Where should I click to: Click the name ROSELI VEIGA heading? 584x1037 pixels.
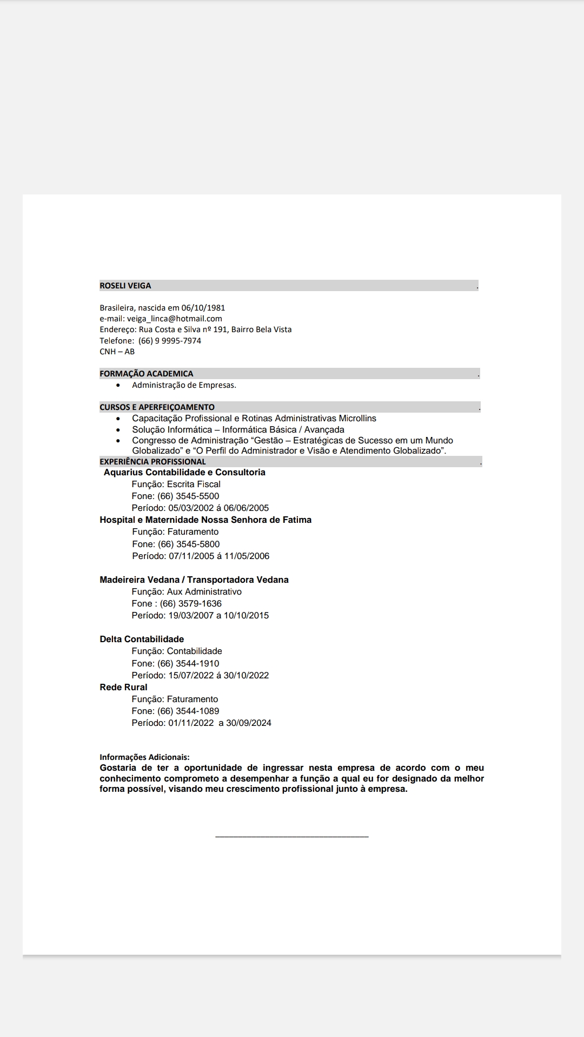click(x=125, y=286)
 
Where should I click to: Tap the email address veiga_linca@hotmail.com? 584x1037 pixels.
click(x=175, y=319)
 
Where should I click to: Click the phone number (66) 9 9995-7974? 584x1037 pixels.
click(x=170, y=341)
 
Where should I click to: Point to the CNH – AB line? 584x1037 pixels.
click(x=117, y=352)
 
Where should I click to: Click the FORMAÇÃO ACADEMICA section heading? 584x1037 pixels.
click(x=146, y=374)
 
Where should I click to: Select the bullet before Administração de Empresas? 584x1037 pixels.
click(x=118, y=386)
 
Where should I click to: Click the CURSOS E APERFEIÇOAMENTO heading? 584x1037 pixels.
click(x=157, y=407)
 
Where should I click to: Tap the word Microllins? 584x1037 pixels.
click(x=357, y=419)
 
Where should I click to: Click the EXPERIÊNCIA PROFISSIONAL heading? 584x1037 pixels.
click(x=152, y=462)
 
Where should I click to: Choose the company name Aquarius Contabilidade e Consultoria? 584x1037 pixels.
click(x=184, y=473)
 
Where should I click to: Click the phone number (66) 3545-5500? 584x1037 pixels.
click(x=188, y=496)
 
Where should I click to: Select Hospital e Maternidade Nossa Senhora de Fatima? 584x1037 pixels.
click(x=205, y=520)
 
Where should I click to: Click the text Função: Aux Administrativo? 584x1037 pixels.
click(x=187, y=592)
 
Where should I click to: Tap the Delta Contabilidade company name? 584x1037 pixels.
click(x=142, y=639)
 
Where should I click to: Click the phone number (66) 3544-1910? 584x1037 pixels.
click(x=188, y=664)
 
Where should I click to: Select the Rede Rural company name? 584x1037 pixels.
click(x=123, y=688)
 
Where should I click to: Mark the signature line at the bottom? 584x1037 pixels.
click(x=292, y=837)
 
